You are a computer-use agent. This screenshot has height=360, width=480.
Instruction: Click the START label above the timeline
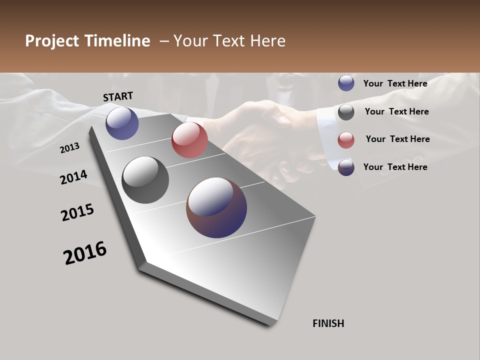click(x=118, y=96)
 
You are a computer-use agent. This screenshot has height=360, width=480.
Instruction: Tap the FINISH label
click(x=328, y=323)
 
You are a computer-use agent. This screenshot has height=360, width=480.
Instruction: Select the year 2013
click(x=70, y=147)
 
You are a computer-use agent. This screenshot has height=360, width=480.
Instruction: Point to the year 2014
click(x=74, y=177)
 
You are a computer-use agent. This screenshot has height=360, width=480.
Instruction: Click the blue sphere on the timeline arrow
click(x=122, y=123)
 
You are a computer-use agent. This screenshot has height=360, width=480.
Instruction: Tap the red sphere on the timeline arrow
click(x=189, y=139)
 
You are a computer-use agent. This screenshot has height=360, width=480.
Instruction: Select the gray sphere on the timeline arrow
click(x=145, y=180)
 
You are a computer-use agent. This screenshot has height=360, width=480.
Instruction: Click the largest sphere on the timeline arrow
click(x=216, y=207)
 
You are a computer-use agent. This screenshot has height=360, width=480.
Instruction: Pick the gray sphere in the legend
click(x=346, y=112)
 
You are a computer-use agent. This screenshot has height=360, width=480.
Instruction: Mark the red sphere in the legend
click(x=346, y=140)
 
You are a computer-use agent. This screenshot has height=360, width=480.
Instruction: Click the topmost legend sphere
click(x=346, y=83)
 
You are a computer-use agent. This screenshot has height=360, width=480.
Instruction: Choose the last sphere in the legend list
click(x=346, y=167)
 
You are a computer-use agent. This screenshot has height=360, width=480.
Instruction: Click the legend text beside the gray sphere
click(x=396, y=111)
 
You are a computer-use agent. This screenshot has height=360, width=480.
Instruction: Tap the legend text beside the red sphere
click(x=397, y=139)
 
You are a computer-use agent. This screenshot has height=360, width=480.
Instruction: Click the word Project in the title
click(x=53, y=41)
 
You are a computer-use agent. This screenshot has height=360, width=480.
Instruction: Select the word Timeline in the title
click(x=118, y=41)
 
